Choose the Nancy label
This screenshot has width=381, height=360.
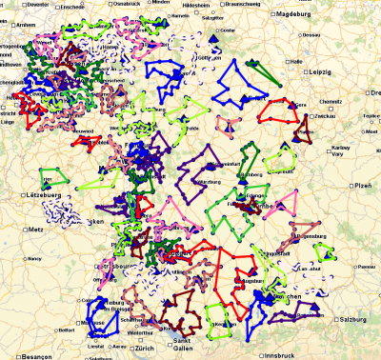(35, 257)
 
